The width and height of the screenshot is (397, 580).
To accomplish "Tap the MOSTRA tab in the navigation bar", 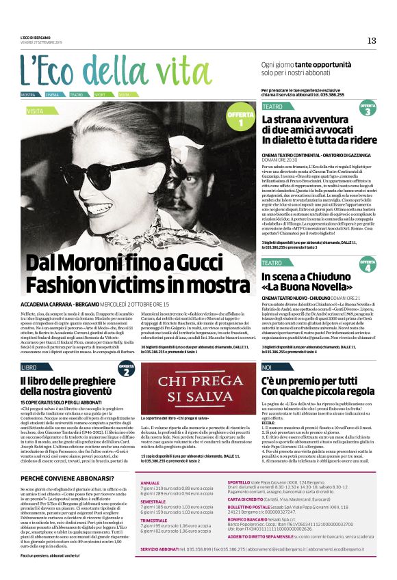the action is pyautogui.click(x=28, y=94).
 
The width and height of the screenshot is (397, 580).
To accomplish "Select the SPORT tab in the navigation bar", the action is pyautogui.click(x=100, y=94).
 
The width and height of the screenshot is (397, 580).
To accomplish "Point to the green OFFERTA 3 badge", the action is pyautogui.click(x=368, y=109).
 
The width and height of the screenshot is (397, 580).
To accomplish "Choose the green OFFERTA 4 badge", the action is pyautogui.click(x=368, y=265).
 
